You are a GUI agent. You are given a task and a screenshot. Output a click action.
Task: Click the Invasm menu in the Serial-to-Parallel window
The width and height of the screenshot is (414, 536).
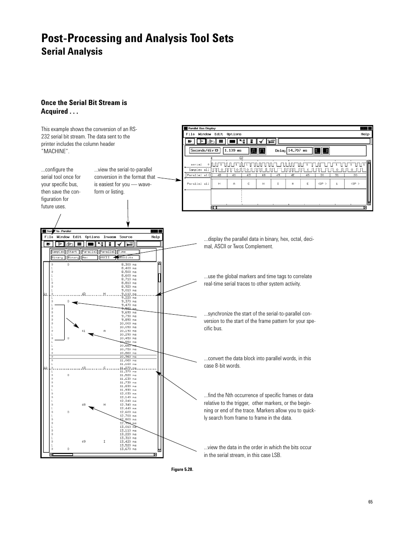(110, 237)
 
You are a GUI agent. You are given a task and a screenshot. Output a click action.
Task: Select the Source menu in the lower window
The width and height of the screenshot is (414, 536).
(126, 237)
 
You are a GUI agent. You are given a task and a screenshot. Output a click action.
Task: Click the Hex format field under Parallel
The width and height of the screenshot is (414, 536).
(89, 257)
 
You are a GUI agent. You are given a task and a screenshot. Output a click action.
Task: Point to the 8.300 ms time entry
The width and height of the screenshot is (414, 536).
(128, 264)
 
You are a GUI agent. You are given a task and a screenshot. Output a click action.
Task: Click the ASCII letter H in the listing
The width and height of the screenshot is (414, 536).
(105, 405)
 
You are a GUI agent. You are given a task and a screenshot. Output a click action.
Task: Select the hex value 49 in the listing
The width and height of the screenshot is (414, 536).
(84, 441)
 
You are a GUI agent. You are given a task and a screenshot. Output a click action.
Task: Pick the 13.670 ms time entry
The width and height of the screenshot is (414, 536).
(128, 449)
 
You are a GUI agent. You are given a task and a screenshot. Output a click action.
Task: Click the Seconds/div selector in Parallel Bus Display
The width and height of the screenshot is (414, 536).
(205, 151)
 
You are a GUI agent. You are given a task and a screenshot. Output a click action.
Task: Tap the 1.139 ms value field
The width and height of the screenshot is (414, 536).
(236, 151)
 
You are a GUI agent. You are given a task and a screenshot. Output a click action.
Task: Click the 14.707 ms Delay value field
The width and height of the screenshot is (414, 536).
(299, 151)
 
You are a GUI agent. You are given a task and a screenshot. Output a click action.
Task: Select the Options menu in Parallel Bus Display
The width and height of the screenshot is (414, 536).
(234, 134)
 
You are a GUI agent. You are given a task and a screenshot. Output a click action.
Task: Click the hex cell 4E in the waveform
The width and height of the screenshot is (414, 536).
(292, 175)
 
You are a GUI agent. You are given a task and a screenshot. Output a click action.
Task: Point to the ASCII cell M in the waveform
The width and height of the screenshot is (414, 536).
(220, 184)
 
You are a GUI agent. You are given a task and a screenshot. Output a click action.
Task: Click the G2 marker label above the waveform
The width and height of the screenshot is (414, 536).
(241, 158)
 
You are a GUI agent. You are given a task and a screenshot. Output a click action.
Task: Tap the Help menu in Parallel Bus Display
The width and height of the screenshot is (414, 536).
(365, 134)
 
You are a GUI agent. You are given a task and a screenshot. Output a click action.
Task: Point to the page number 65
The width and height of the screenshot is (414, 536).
(370, 502)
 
